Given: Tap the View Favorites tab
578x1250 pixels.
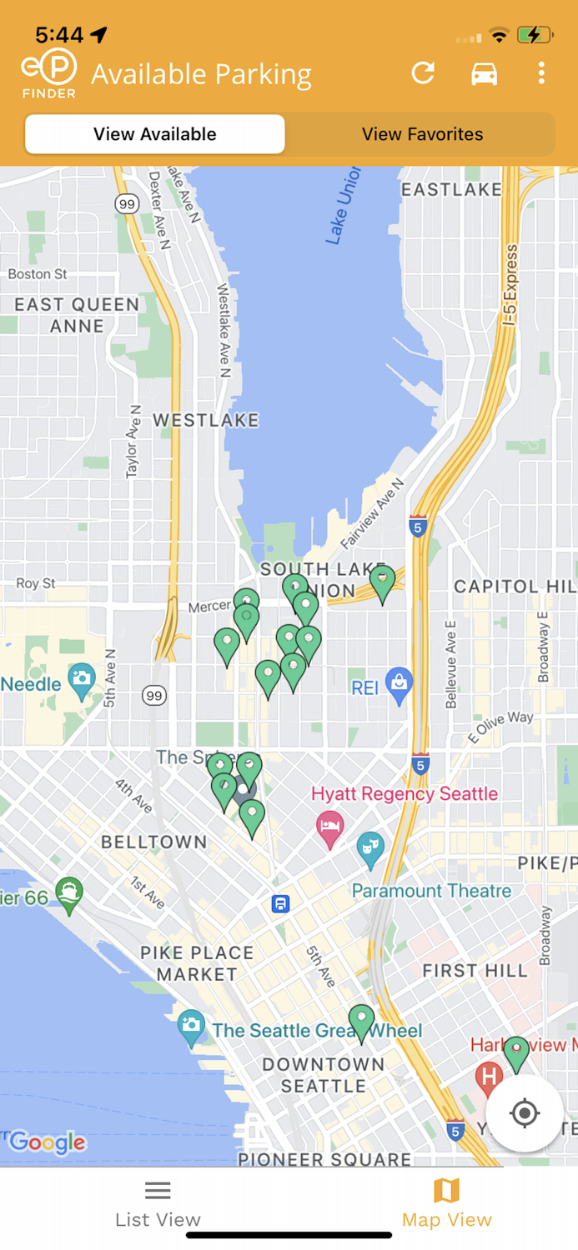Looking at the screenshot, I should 422,134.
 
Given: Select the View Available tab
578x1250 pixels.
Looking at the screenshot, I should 155,134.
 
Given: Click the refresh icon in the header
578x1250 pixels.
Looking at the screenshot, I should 424,73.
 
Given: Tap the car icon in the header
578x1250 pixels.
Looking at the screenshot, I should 484,74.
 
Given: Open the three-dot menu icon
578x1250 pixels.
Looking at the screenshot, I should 541,73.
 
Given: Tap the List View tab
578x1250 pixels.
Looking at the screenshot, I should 158,1205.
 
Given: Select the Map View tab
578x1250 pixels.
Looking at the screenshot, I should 446,1205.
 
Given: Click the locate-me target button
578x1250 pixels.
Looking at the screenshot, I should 524,1112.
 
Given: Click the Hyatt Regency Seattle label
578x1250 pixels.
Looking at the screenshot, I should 405,793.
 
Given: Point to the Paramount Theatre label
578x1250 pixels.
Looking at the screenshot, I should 431,891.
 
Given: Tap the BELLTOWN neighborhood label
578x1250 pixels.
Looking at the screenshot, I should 154,842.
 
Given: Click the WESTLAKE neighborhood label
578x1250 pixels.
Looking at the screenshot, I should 206,420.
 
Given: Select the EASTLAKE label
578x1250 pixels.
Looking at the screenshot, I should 451,189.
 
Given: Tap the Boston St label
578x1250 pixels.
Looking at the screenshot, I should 38,274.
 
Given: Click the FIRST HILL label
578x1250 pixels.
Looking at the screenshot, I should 475,970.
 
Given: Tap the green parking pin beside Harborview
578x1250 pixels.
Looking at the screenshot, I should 516,1051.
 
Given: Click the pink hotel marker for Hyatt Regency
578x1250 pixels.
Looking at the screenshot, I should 330,826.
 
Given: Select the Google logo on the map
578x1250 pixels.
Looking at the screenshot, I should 48,1142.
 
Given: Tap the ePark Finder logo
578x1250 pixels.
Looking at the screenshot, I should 49,73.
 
